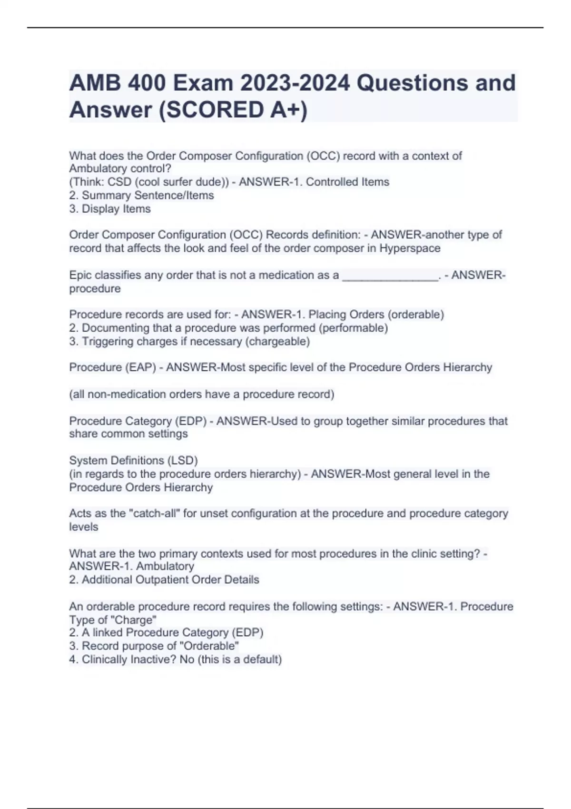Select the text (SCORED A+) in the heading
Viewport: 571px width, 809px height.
click(233, 110)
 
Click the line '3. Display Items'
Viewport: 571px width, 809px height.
click(110, 209)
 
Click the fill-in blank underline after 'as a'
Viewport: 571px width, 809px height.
click(390, 276)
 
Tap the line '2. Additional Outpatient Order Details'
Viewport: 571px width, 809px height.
click(164, 580)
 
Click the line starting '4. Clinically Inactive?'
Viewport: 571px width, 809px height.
click(176, 660)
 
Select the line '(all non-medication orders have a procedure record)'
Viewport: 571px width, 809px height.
click(202, 395)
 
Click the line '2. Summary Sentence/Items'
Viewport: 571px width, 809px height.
click(141, 196)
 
